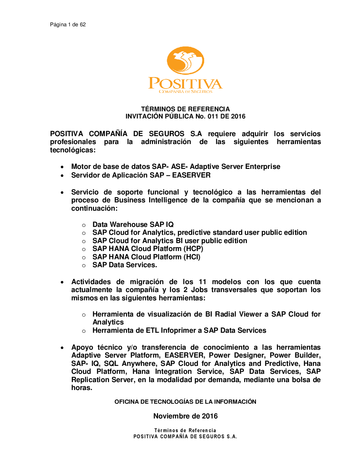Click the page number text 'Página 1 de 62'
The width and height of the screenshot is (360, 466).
point(68,24)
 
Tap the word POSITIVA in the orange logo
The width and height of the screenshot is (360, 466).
point(185,84)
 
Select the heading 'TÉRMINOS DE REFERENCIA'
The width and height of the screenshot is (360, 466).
point(185,109)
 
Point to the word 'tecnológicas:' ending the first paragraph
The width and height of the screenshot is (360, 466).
point(73,150)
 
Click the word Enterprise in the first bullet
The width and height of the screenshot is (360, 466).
point(262,166)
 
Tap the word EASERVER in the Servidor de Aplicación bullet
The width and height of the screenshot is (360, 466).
point(191,175)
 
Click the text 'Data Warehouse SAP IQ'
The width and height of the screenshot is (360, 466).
point(133,224)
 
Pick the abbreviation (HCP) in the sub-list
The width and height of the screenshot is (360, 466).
point(193,248)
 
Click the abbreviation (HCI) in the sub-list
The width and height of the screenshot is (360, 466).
point(192,257)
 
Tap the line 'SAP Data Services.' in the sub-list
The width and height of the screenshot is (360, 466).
point(125,265)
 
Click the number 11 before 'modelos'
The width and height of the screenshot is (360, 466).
point(203,282)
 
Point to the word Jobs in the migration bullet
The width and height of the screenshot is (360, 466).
point(199,290)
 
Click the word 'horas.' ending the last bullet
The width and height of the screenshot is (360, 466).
point(82,387)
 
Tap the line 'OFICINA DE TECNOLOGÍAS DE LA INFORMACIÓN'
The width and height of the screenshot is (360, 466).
point(185,402)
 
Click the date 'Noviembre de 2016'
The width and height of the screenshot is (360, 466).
point(185,416)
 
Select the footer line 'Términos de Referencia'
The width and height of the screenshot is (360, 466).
point(185,430)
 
